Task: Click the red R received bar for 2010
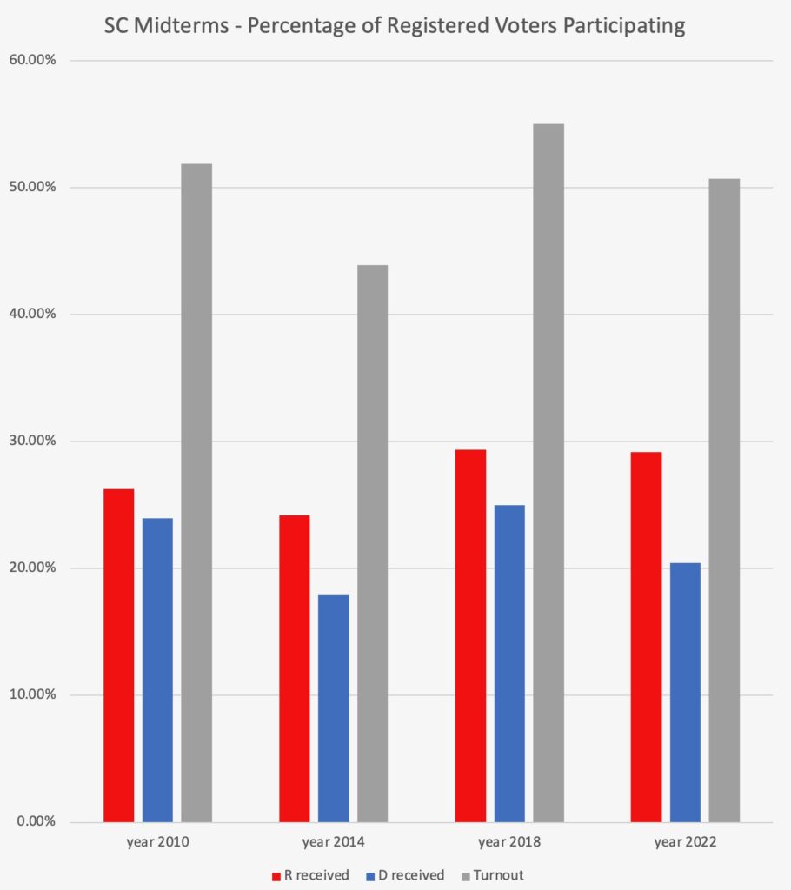(118, 655)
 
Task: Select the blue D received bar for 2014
(333, 708)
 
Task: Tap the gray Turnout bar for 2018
(548, 473)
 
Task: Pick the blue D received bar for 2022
(684, 692)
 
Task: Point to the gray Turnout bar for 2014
(372, 543)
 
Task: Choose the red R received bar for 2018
(470, 635)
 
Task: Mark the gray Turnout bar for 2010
(196, 492)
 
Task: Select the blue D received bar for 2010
(157, 669)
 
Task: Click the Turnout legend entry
(496, 875)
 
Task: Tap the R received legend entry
(310, 875)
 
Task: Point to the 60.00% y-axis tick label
(32, 60)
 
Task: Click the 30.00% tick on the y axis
(32, 441)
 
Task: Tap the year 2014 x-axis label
(333, 842)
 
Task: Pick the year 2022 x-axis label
(685, 842)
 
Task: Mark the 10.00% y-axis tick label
(32, 694)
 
